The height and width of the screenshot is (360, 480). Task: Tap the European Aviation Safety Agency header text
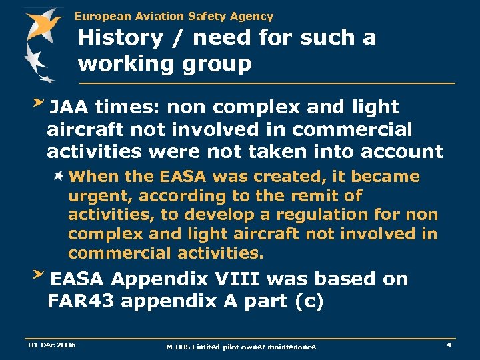[173, 16]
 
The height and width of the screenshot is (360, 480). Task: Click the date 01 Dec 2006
[52, 345]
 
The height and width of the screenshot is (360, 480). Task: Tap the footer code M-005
[179, 347]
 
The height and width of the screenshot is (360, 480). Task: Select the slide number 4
[449, 345]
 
